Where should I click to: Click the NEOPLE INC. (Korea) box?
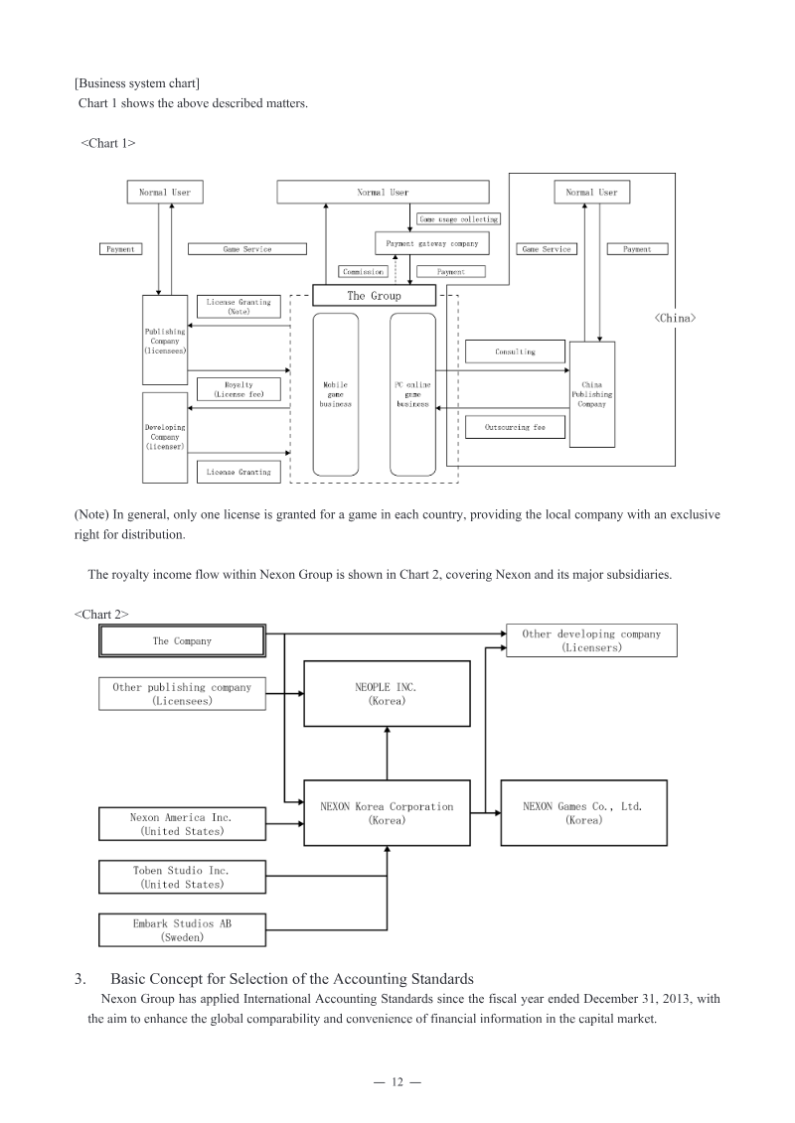click(x=388, y=693)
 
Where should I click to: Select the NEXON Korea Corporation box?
click(x=388, y=813)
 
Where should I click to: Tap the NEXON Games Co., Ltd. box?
click(x=583, y=813)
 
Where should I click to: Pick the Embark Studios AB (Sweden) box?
click(x=182, y=929)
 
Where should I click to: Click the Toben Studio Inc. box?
click(x=182, y=877)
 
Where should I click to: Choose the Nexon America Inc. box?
click(x=182, y=823)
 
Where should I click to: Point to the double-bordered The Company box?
click(x=182, y=641)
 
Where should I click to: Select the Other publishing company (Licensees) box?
click(x=182, y=693)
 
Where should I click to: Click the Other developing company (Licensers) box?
click(x=591, y=640)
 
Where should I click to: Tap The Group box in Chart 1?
click(x=375, y=296)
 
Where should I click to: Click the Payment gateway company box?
click(x=432, y=243)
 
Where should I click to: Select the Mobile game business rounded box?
click(x=336, y=394)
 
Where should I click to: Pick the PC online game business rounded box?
click(x=413, y=394)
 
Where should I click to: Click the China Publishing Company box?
click(x=592, y=394)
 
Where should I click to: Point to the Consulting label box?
click(x=516, y=351)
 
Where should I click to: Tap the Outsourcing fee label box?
click(x=516, y=427)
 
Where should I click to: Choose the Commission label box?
click(x=364, y=271)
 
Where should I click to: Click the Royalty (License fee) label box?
click(x=238, y=389)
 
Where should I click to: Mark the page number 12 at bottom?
click(x=397, y=1081)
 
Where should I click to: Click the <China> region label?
click(x=675, y=318)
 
